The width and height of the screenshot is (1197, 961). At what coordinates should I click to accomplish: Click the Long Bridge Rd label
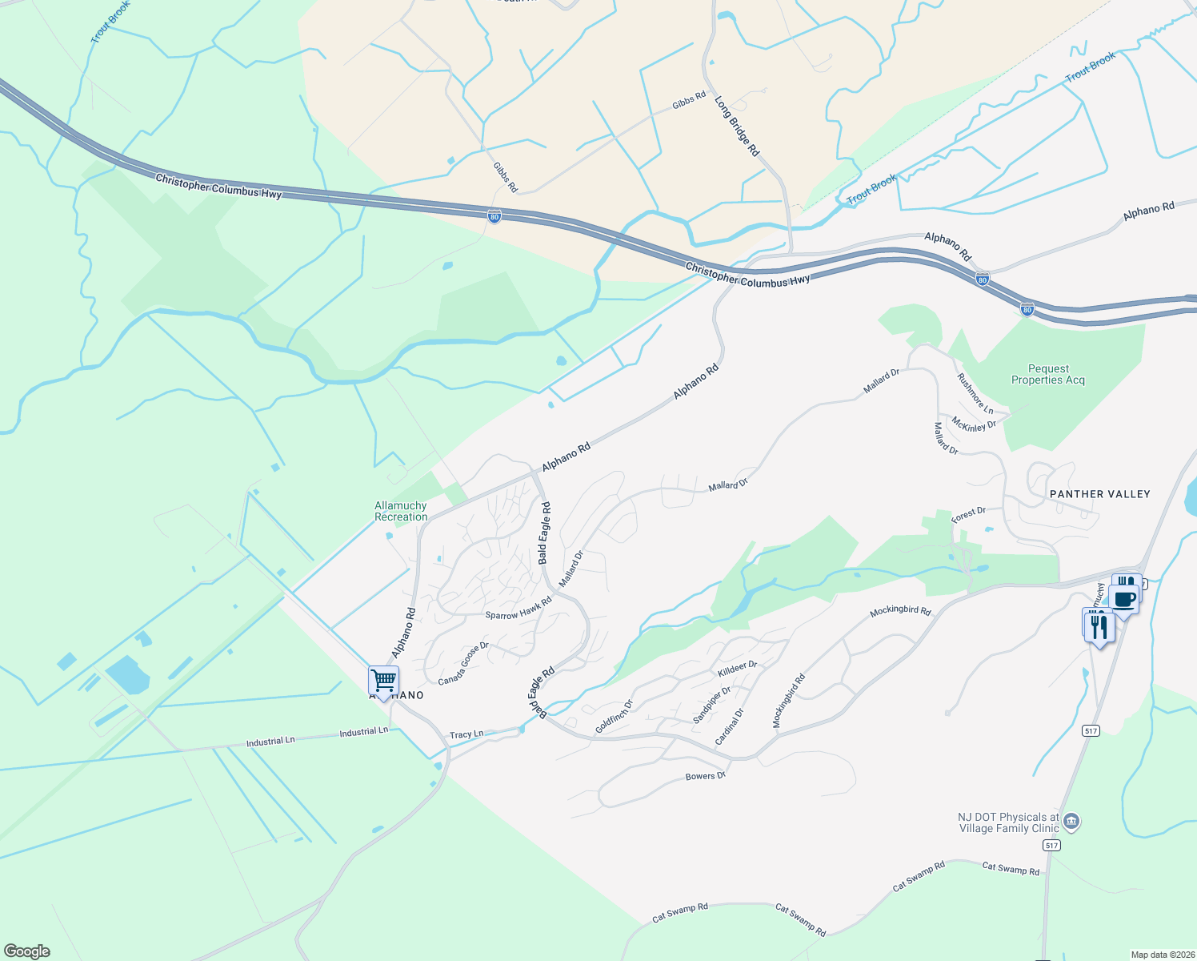point(737,127)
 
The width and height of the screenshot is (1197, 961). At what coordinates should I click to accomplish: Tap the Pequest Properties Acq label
point(1048,375)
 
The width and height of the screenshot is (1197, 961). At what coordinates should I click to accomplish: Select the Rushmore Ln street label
point(975,393)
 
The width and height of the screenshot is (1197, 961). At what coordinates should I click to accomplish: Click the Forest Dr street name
point(968,515)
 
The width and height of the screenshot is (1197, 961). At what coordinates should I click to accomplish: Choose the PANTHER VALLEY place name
point(1099,494)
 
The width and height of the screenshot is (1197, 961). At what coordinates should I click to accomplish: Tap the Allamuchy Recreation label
point(401,511)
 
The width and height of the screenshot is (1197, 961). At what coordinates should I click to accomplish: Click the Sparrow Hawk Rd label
point(518,609)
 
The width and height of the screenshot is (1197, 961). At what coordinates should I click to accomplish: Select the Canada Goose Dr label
point(463,663)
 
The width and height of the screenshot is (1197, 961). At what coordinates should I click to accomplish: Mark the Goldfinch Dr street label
point(615,717)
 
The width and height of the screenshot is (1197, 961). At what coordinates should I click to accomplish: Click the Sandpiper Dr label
point(712,705)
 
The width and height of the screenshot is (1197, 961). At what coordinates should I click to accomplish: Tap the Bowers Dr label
point(706,776)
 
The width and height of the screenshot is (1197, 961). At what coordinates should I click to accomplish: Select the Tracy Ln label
point(466,734)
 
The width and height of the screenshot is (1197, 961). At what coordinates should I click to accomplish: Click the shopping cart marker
point(384,681)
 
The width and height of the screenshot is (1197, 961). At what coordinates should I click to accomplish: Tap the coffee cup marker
point(1124,600)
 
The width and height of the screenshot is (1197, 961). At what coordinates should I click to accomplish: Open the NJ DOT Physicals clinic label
point(1008,822)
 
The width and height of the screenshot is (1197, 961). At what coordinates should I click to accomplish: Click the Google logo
point(27,951)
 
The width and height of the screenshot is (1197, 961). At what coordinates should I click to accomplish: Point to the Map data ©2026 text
point(1160,955)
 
